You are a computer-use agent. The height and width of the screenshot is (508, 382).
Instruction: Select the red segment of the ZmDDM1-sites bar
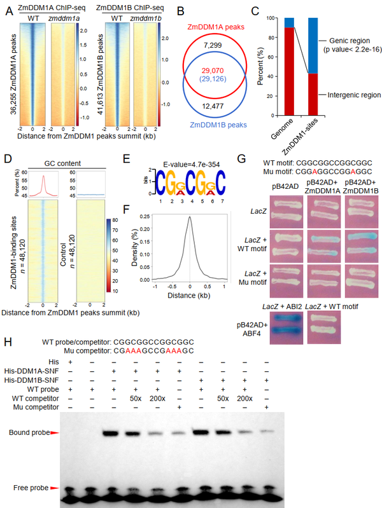click(313, 95)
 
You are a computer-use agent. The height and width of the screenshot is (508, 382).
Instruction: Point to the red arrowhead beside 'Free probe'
click(53, 488)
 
